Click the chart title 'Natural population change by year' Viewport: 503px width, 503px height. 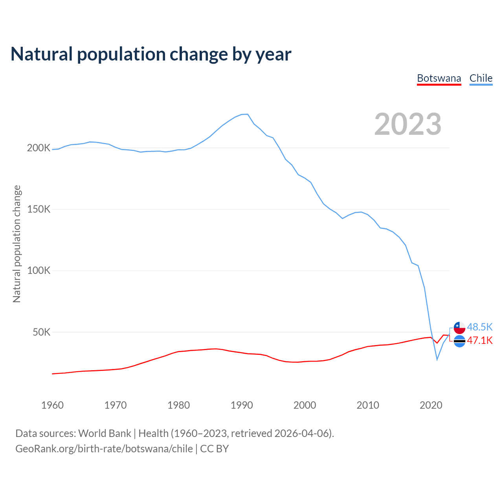click(x=151, y=54)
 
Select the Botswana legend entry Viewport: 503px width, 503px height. click(x=439, y=78)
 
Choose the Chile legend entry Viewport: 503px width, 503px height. click(x=481, y=78)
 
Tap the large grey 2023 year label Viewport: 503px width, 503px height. click(x=408, y=124)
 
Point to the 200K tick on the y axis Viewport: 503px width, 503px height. click(x=39, y=148)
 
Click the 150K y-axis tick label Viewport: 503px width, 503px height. click(x=39, y=209)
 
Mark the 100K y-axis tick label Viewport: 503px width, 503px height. click(x=39, y=271)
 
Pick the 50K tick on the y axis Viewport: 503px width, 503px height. click(x=42, y=332)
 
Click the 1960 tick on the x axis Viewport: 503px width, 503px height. click(x=52, y=405)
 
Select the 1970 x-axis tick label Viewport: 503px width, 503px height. click(x=116, y=405)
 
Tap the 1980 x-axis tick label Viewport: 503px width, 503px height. click(x=178, y=405)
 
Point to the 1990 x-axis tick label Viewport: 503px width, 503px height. click(x=242, y=405)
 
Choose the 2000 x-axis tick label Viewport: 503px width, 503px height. click(x=305, y=405)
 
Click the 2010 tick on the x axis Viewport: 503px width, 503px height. click(x=368, y=405)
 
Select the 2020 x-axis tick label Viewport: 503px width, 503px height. click(x=431, y=405)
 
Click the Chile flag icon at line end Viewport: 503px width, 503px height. click(x=459, y=327)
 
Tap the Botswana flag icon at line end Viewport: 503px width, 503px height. click(x=459, y=341)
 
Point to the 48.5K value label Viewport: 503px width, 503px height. click(x=480, y=327)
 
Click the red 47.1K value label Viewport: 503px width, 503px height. click(x=480, y=341)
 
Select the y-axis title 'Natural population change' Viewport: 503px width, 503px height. click(x=17, y=244)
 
